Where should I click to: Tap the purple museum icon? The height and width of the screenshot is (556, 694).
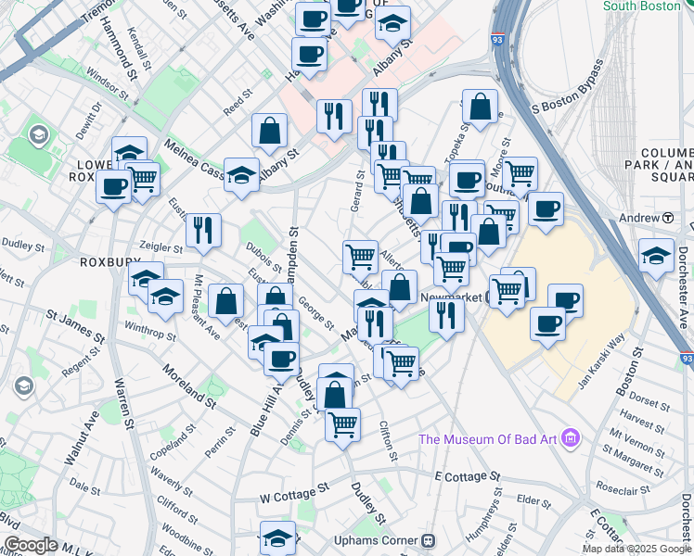click(x=571, y=437)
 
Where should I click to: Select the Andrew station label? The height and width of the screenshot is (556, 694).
click(x=642, y=218)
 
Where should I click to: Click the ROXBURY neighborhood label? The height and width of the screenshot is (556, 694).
click(x=109, y=262)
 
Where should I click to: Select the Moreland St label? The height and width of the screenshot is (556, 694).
click(x=188, y=388)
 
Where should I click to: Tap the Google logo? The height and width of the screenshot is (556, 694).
click(x=30, y=545)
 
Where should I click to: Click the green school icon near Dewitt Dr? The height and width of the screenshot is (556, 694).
click(x=38, y=137)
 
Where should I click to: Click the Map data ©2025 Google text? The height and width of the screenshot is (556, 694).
click(x=637, y=549)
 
